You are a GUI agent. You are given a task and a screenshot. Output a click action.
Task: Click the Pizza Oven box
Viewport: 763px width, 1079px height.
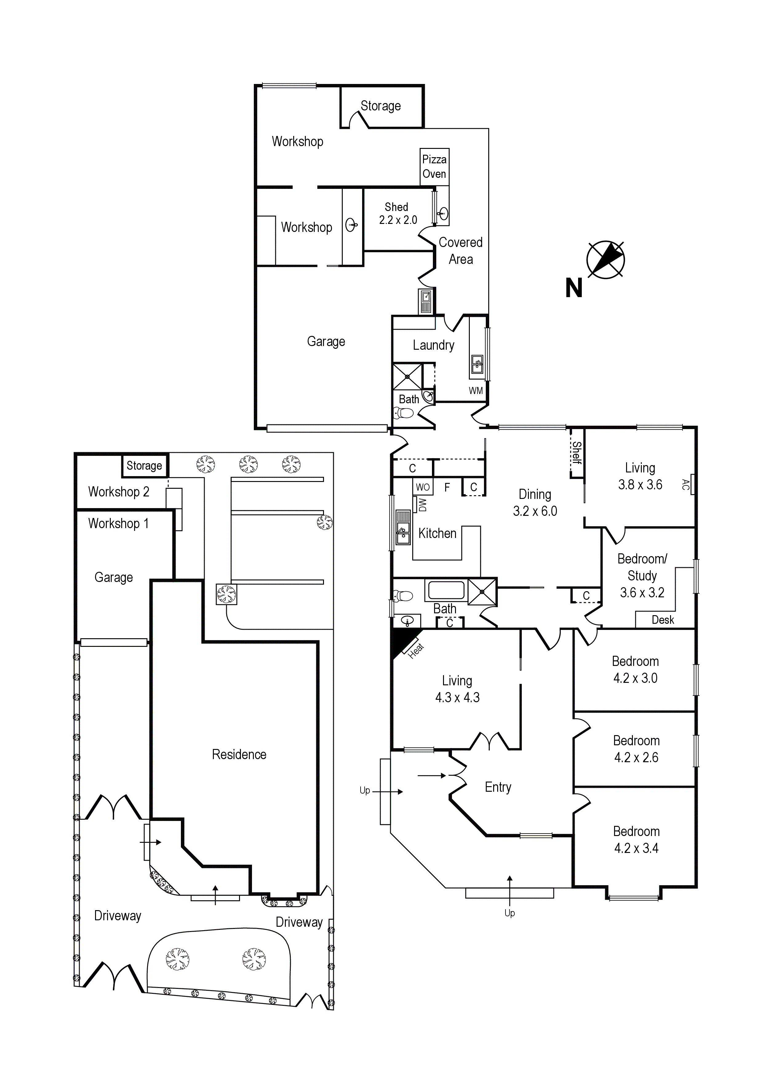coord(434,167)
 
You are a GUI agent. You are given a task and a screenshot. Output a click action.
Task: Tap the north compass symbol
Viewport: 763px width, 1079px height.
coord(605,260)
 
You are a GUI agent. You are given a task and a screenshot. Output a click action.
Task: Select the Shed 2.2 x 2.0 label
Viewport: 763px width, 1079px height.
coord(398,213)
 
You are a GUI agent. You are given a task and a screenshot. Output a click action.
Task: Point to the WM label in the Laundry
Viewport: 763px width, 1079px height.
coord(476,391)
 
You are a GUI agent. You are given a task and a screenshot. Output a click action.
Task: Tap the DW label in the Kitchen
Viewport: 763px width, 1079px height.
coord(422,505)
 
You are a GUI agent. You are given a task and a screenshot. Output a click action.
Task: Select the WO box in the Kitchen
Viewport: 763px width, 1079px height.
coord(423,487)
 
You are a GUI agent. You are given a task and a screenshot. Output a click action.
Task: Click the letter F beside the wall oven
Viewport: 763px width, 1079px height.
coord(447,487)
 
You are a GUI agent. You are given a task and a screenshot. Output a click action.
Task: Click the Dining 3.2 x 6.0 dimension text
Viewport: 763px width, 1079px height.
coord(535,511)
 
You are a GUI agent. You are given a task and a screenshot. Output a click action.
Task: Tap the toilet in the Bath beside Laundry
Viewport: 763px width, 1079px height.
coord(403,413)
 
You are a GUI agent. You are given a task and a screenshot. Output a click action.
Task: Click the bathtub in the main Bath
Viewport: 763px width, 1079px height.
coord(446,590)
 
